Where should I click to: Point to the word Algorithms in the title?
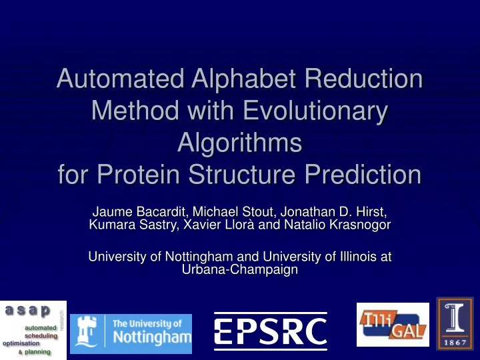239,143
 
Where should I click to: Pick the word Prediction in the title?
357,175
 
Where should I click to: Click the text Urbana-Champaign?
239,269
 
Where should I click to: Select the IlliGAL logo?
393,325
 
